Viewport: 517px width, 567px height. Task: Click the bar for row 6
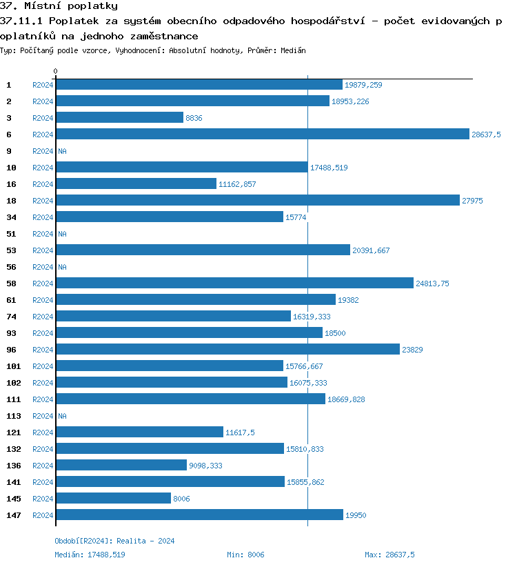[x=262, y=135]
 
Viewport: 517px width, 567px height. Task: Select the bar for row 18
[x=257, y=201]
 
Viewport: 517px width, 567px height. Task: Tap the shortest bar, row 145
[x=113, y=499]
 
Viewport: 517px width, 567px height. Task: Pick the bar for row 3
[x=119, y=118]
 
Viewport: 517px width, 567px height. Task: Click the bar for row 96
[x=227, y=350]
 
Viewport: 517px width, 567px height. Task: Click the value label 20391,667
[x=371, y=250]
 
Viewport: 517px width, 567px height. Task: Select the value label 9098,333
[x=205, y=466]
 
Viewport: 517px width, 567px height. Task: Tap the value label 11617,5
[x=240, y=432]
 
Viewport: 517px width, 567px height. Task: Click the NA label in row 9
[x=62, y=151]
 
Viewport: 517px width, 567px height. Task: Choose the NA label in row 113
[x=62, y=416]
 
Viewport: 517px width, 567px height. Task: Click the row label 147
[x=13, y=515]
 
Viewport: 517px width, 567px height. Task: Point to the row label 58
[x=11, y=283]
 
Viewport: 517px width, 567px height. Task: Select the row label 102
[x=13, y=383]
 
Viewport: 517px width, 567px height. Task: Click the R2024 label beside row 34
[x=43, y=217]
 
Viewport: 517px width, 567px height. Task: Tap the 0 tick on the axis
[x=56, y=71]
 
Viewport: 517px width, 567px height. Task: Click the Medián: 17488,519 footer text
[x=90, y=555]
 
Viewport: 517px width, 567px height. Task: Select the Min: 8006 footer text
[x=245, y=555]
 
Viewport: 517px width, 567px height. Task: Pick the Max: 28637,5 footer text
[x=389, y=555]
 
